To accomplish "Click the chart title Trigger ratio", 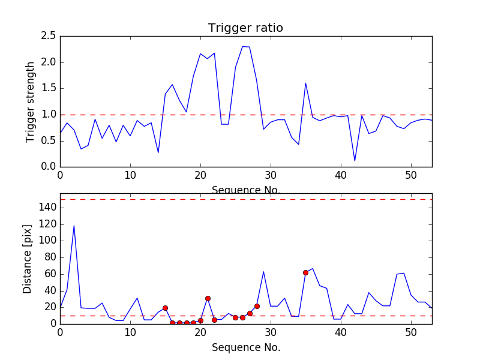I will (245, 28).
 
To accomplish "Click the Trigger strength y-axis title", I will (31, 101).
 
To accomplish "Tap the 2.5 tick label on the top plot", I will (49, 36).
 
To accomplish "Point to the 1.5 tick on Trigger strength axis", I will (49, 88).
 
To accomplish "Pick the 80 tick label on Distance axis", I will (49, 257).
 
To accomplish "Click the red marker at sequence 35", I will (305, 272).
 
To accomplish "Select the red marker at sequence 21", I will (208, 298).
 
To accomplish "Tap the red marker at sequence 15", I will (165, 308).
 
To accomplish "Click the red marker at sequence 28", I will (257, 306).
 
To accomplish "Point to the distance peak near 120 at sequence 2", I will (74, 226).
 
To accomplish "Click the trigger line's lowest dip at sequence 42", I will (355, 161).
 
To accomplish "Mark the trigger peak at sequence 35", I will (305, 83).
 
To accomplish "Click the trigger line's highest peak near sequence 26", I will (242, 46).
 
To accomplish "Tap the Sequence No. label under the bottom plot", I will (245, 347).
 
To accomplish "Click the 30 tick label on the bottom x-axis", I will (271, 332).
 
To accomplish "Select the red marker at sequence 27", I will (250, 313).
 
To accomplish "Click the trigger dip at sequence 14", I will (158, 152).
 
